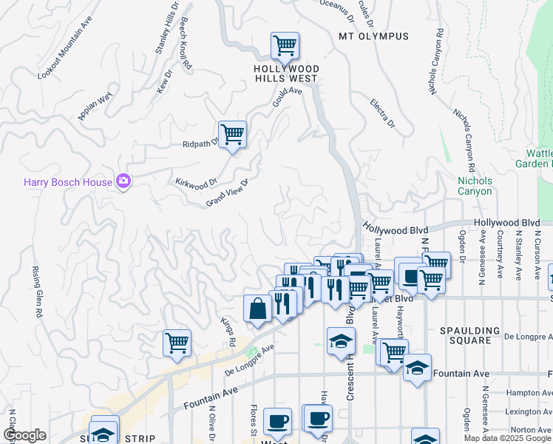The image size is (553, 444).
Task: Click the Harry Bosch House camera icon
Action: [123, 181]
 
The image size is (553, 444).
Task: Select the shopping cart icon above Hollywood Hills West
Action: [285, 46]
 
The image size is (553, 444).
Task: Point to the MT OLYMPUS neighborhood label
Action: [373, 36]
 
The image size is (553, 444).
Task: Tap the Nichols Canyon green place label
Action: [475, 186]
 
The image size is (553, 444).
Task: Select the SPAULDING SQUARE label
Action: [475, 335]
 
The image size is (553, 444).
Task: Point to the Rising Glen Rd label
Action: [35, 293]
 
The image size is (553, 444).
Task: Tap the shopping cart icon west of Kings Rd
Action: [177, 343]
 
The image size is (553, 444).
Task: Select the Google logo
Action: [24, 435]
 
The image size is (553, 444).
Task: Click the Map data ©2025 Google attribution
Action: [506, 438]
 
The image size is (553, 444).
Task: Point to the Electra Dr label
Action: [383, 112]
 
